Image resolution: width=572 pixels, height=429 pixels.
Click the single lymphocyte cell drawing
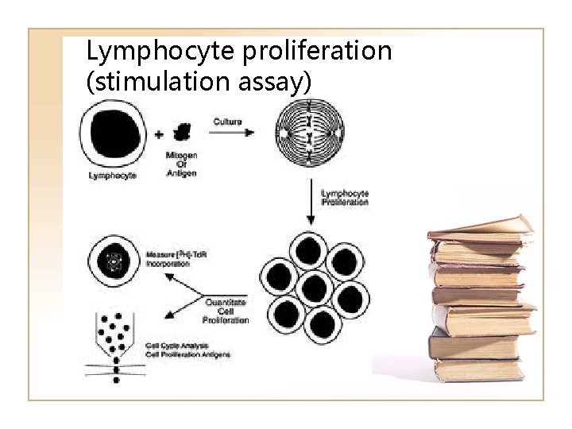(x=112, y=137)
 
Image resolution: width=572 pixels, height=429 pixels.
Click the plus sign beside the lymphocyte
(x=159, y=134)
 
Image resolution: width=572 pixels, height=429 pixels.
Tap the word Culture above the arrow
(x=228, y=122)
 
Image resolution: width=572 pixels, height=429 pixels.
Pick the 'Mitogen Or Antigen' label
(x=182, y=164)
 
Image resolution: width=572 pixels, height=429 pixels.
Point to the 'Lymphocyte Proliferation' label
(x=344, y=198)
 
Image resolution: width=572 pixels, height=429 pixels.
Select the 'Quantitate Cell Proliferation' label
(x=226, y=311)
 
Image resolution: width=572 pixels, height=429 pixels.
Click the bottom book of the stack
(x=477, y=370)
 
